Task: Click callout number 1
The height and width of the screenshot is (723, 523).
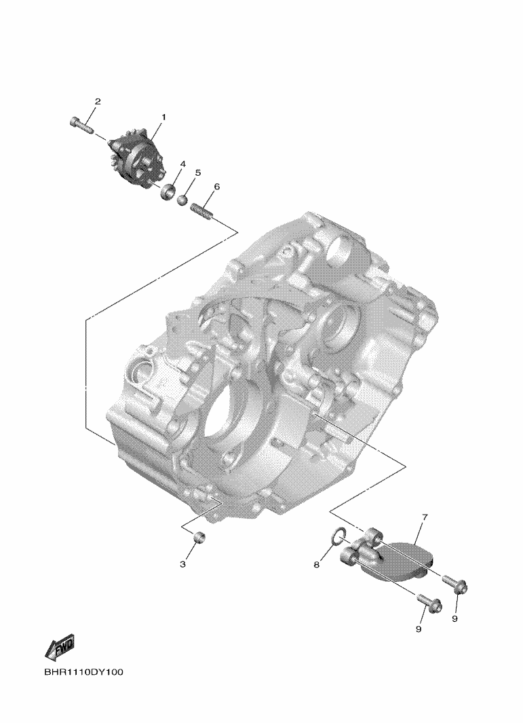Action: (163, 117)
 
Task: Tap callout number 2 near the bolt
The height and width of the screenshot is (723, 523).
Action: (98, 101)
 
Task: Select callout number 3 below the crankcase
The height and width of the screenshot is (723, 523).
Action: (183, 564)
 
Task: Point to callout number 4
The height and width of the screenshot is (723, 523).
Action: (183, 164)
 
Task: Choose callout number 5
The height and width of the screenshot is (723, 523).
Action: (198, 172)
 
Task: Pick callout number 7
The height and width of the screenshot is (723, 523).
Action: (425, 517)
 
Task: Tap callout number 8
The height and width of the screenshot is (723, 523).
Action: (317, 564)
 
